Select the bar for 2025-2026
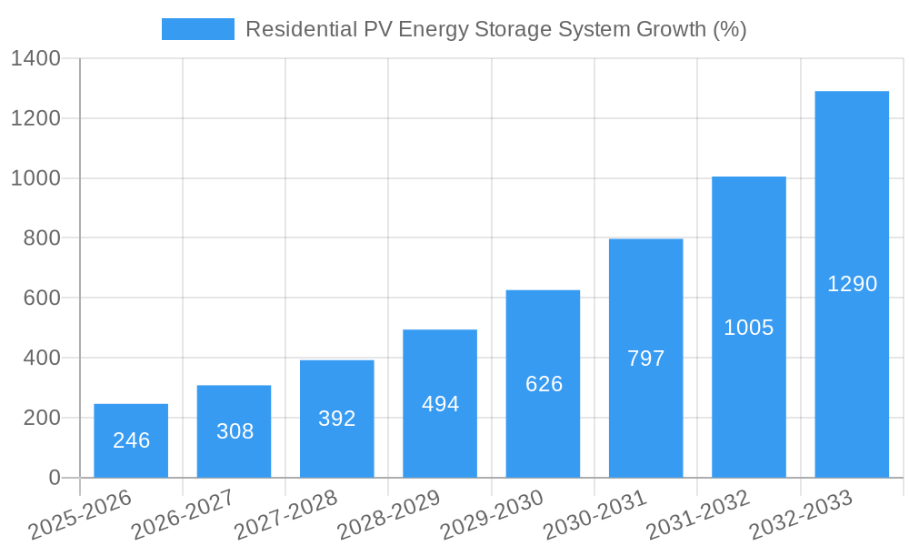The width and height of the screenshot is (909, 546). (131, 440)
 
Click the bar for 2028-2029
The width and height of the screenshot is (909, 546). (440, 403)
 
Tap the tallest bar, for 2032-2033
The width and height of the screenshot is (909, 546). (852, 284)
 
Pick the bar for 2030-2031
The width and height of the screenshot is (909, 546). (645, 358)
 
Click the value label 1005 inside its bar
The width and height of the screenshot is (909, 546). (749, 328)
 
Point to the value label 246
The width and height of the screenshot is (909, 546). (131, 440)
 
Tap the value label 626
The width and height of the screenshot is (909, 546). (544, 384)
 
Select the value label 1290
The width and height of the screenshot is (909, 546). (852, 284)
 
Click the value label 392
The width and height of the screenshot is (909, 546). (337, 419)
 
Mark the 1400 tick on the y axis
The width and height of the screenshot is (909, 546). (35, 59)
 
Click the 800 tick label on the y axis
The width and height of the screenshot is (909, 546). (42, 238)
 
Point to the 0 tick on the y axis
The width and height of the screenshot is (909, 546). (54, 478)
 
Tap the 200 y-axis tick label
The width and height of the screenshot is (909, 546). (42, 418)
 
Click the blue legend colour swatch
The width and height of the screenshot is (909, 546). (197, 29)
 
